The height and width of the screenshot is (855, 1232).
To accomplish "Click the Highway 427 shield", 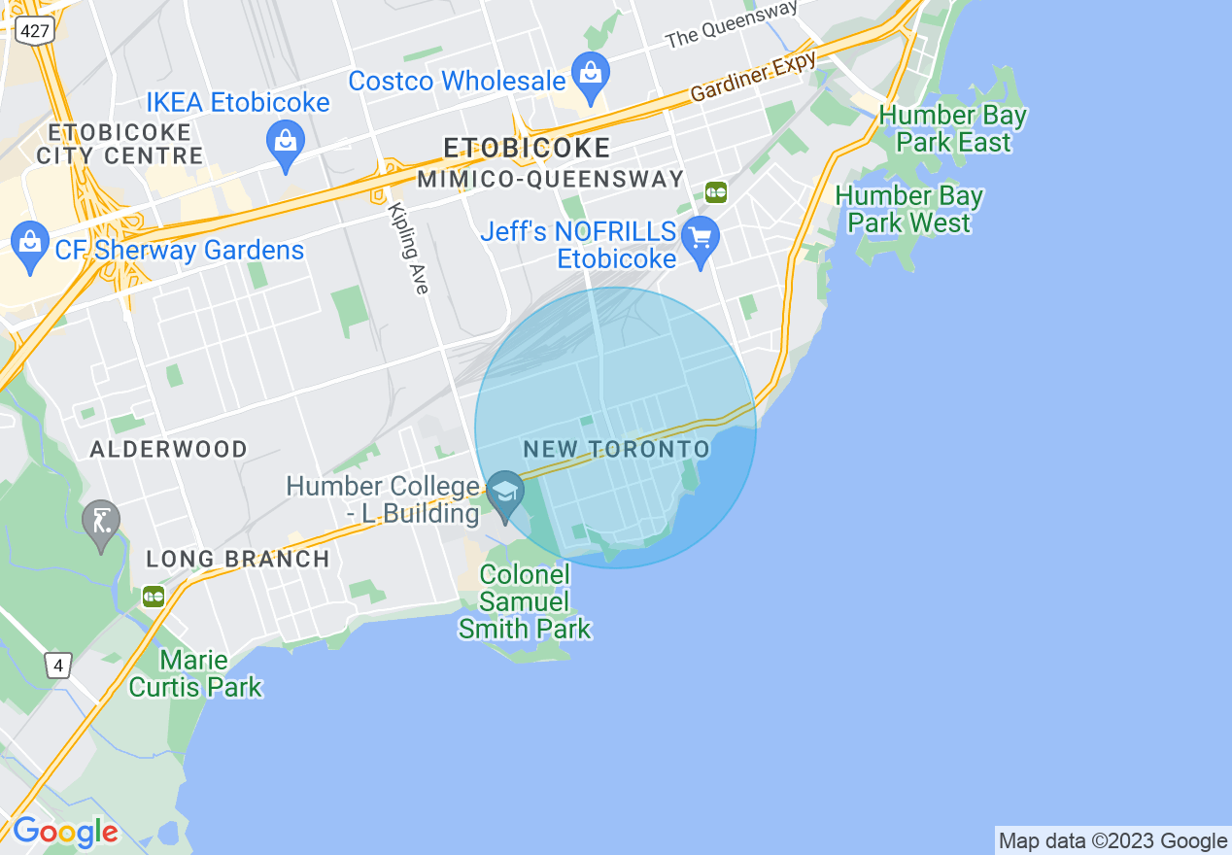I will pyautogui.click(x=34, y=30).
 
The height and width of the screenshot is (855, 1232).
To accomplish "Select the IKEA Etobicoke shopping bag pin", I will pyautogui.click(x=286, y=144).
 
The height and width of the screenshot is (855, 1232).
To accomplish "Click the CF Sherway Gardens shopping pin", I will pyautogui.click(x=30, y=244).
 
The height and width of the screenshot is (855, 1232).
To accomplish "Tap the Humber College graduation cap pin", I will pyautogui.click(x=505, y=492).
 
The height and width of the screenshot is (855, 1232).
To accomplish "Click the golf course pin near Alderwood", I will pyautogui.click(x=101, y=522).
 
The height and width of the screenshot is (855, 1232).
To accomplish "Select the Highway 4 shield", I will pyautogui.click(x=58, y=666).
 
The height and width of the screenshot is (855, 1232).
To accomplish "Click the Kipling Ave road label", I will pyautogui.click(x=408, y=248).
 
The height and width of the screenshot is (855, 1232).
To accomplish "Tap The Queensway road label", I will pyautogui.click(x=731, y=25).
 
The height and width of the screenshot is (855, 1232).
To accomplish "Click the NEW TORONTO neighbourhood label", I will pyautogui.click(x=616, y=449).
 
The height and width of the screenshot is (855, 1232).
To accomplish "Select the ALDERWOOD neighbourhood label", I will pyautogui.click(x=168, y=449).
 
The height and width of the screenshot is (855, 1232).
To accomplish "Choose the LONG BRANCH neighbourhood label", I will pyautogui.click(x=237, y=559).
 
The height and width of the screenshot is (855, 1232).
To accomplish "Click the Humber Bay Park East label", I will pyautogui.click(x=952, y=128).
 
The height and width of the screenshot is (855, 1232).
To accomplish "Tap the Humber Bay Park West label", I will pyautogui.click(x=908, y=209).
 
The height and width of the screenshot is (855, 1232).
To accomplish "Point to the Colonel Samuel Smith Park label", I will pyautogui.click(x=525, y=601).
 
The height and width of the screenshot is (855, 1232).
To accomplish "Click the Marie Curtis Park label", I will pyautogui.click(x=195, y=674).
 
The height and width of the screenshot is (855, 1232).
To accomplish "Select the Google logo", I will pyautogui.click(x=65, y=832).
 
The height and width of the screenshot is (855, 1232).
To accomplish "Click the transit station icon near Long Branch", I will pyautogui.click(x=154, y=597).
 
